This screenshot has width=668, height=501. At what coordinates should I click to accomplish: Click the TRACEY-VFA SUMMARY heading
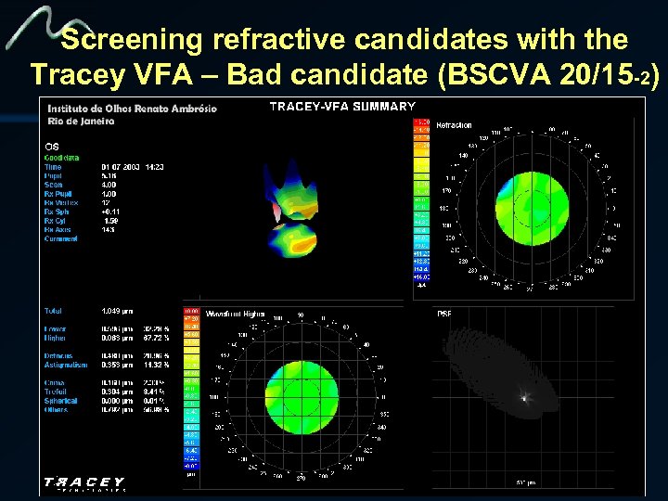[x=341, y=106]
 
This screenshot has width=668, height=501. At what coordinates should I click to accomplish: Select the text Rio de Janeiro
[x=82, y=121]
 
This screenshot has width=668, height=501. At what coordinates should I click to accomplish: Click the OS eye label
[x=52, y=146]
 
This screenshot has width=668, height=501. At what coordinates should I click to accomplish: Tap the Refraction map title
[x=454, y=124]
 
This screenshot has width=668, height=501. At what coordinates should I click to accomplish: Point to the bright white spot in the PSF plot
[x=524, y=399]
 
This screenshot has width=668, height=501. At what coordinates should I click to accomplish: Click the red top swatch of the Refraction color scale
[x=421, y=121]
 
